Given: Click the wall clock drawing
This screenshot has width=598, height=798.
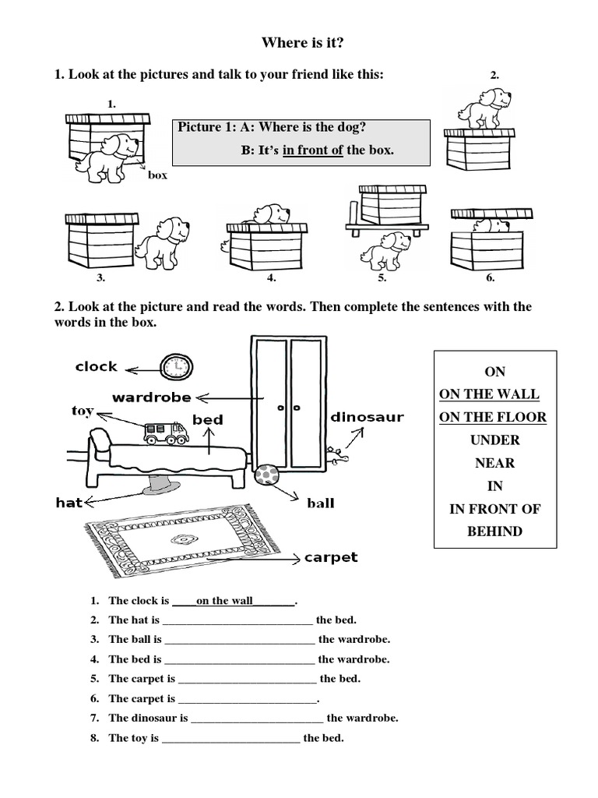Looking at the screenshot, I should point(177,365).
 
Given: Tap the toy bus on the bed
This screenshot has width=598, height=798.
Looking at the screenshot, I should point(165,433).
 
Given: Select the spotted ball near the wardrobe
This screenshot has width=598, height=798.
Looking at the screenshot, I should point(267,475).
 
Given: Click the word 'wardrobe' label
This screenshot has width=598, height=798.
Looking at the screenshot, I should point(151,397).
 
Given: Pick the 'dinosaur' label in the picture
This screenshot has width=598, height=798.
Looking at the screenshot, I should point(368,417).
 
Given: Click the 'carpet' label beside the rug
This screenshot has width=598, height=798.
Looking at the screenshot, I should point(331,557).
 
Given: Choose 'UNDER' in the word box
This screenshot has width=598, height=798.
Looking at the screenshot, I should point(494,440).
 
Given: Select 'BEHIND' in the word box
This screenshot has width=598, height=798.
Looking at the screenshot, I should point(494,531).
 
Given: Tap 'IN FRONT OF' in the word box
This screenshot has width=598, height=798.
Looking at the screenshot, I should point(494,509).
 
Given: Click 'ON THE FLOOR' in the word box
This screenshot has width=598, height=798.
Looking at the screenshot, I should point(493,417).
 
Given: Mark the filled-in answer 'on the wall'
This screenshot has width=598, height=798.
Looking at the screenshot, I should point(225,601).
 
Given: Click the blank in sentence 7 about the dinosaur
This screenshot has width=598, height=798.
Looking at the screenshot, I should point(257,719).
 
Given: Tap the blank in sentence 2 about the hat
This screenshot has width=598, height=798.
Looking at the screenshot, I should point(237,620).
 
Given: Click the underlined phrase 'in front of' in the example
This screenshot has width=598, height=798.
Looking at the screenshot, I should point(313,150).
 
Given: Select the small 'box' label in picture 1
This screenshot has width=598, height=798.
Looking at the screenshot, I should point(157,175).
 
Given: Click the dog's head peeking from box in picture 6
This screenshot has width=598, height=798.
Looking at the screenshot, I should point(488,225).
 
